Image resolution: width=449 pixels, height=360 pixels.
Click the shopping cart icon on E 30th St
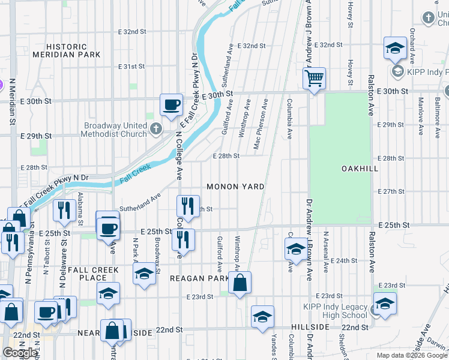[x=314, y=79]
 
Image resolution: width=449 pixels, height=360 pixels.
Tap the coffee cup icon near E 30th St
[x=171, y=104]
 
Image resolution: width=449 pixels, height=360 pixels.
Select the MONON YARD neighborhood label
[x=235, y=187]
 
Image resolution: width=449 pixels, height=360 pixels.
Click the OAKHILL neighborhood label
[x=360, y=169]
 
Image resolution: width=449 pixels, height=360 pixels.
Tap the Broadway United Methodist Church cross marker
[x=155, y=128]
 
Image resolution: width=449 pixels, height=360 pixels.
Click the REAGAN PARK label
[x=199, y=278]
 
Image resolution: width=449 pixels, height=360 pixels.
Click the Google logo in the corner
[x=20, y=353]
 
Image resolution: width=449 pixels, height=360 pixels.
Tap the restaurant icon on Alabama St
[x=63, y=209]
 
